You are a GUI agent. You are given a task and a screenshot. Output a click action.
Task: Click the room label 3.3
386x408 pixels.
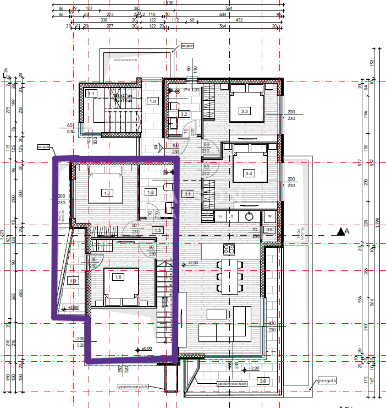point(245,112)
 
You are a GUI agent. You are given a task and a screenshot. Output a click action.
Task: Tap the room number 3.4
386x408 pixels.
point(249,173)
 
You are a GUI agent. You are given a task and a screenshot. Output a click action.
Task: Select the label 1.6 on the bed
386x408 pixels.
point(117,277)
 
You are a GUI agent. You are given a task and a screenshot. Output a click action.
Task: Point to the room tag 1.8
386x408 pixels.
point(150,192)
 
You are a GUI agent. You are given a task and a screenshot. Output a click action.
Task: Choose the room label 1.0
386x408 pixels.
point(153,101)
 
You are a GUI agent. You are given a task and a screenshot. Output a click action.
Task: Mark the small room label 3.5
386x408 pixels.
point(269,229)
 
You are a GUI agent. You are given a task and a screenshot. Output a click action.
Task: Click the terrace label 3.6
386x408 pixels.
point(263,380)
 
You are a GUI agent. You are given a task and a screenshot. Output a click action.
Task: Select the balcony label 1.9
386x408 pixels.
point(73,281)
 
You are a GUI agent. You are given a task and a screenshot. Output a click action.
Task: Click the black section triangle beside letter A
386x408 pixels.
point(341,232)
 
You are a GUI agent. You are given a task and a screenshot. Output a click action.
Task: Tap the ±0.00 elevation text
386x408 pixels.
point(146,348)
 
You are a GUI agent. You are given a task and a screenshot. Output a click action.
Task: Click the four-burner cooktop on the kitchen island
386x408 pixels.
point(228,250)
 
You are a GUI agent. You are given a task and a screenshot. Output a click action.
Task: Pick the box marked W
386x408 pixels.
point(270,216)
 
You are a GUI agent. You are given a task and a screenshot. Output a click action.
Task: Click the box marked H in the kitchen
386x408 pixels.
point(220,216)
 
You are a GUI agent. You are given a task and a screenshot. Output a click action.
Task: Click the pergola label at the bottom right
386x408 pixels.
point(327,380)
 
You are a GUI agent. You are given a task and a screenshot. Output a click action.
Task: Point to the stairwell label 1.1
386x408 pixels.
point(92,94)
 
